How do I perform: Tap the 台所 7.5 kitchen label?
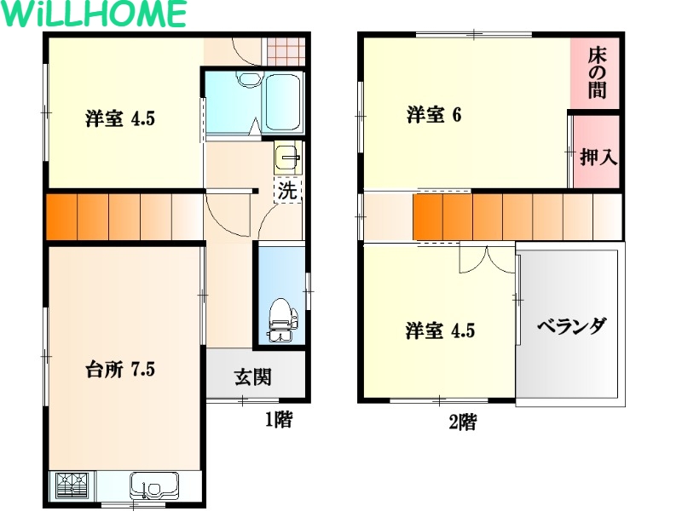pos(120,370)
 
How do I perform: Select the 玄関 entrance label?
pos(253,377)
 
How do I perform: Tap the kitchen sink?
pos(154,485)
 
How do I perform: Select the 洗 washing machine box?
pos(287,190)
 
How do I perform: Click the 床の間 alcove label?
pos(597,73)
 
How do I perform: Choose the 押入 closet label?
pos(598,157)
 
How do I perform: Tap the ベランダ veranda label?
pos(571,326)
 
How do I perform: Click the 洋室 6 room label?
pos(434,115)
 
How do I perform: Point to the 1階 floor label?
pos(279,420)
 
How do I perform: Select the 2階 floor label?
pos(463,422)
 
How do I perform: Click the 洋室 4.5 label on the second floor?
pos(440,330)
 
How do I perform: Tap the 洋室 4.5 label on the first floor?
pos(120,118)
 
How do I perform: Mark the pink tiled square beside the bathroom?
pos(285,51)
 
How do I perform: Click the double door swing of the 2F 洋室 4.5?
pos(488,261)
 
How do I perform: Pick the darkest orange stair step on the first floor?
pos(61,216)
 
